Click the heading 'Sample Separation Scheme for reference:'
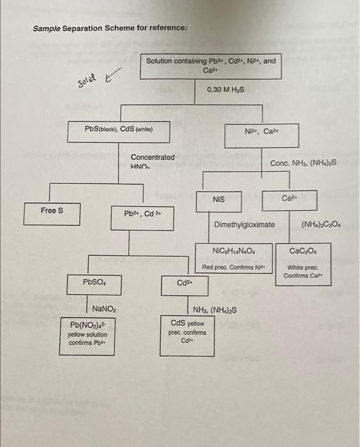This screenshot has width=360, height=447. click(x=110, y=29)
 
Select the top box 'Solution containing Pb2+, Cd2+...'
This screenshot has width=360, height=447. click(x=211, y=65)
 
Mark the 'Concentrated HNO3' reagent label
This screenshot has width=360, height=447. click(x=153, y=161)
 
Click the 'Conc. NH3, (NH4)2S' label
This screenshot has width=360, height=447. click(x=303, y=163)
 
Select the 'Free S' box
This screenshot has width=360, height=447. click(x=52, y=213)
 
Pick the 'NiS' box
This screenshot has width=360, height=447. click(x=219, y=200)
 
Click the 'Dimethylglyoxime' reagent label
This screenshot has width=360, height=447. click(x=244, y=225)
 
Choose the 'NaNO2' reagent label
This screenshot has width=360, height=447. click(x=104, y=309)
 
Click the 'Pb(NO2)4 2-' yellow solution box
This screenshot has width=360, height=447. click(x=88, y=334)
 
